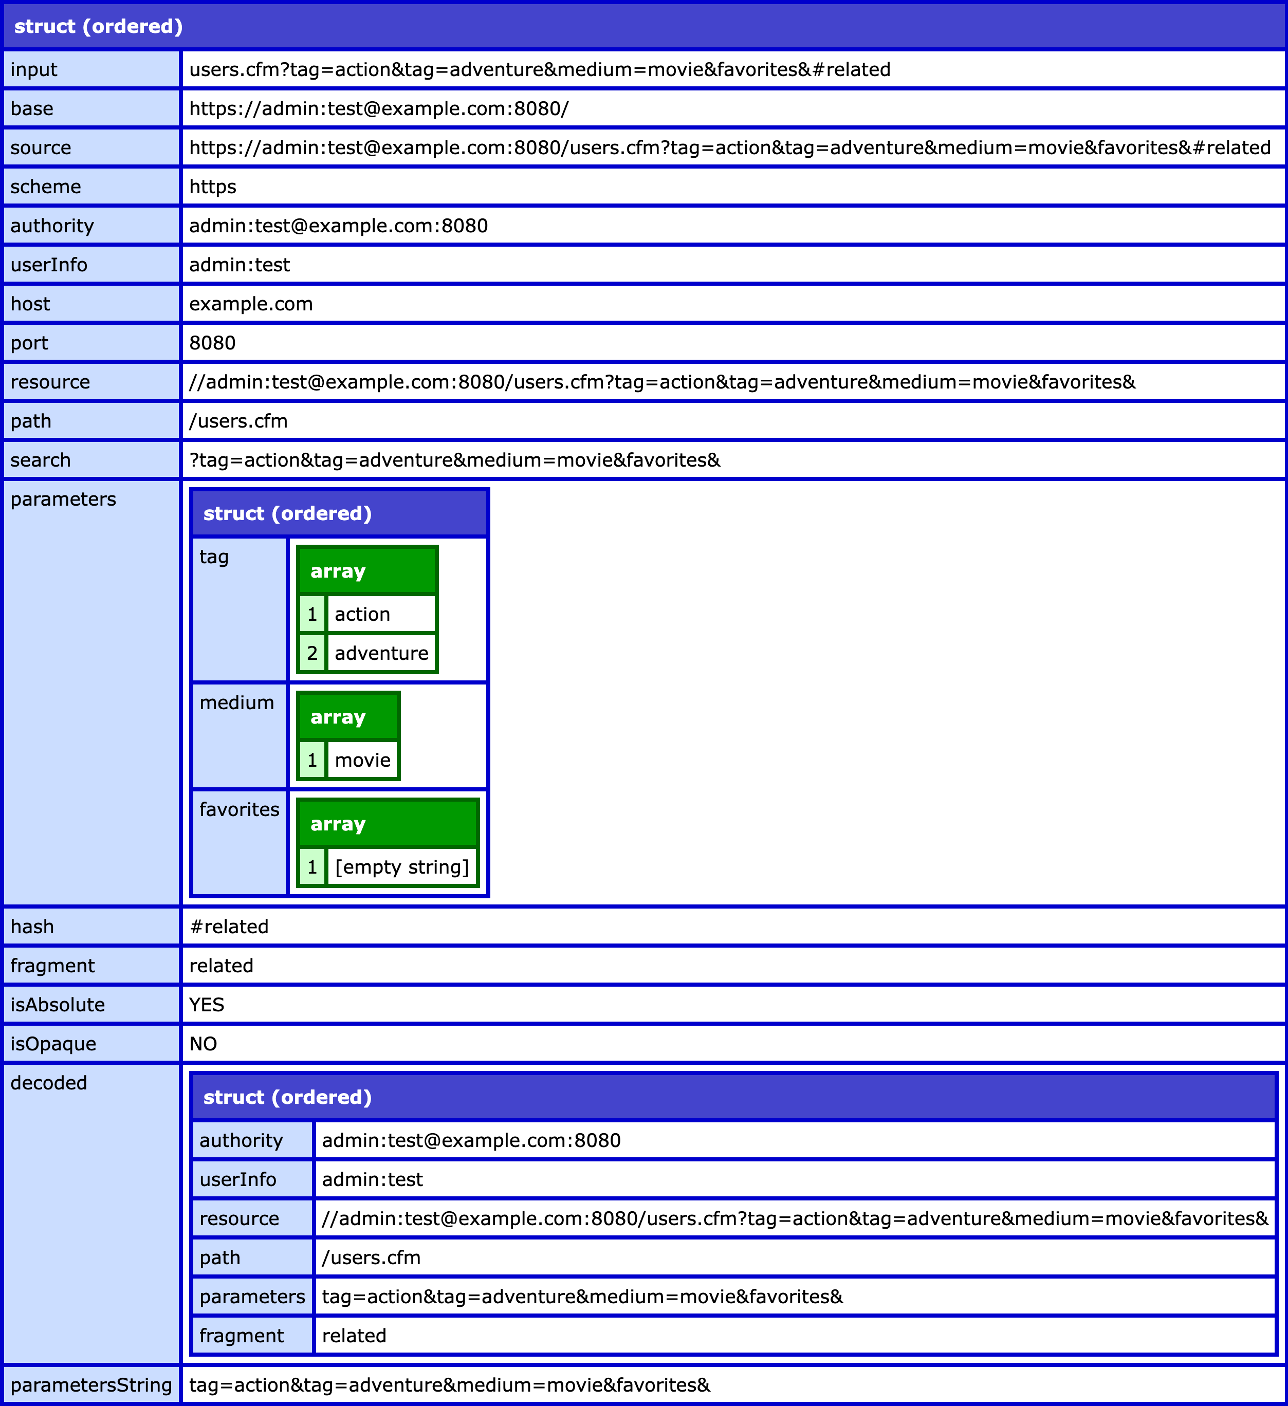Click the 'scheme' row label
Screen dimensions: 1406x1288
point(45,187)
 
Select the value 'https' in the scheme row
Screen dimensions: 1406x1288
point(213,187)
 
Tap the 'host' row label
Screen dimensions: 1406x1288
point(30,304)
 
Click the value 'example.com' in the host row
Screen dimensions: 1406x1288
point(251,304)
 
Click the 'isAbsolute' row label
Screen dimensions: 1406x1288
point(57,1005)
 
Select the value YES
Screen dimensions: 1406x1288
point(207,1005)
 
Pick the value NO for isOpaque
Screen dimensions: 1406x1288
point(203,1044)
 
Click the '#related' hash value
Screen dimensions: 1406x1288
point(229,927)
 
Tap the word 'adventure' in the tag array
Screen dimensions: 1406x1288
point(381,654)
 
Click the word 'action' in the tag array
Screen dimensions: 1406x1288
point(362,615)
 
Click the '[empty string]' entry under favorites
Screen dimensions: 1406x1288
point(402,867)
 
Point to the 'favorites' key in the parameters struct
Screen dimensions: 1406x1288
point(239,810)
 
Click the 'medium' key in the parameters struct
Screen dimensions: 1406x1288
point(236,703)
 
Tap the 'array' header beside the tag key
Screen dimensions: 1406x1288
point(338,571)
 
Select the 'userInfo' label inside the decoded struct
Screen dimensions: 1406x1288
point(238,1179)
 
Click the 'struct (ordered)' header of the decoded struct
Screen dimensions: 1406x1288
point(287,1097)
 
